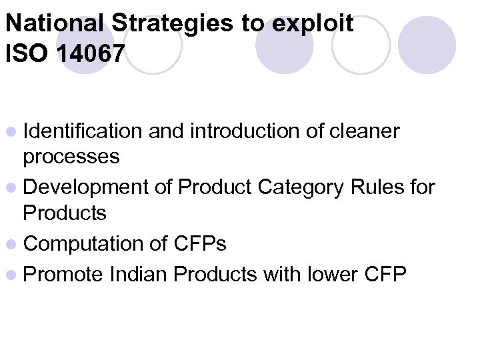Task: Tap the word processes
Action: coord(71,157)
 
